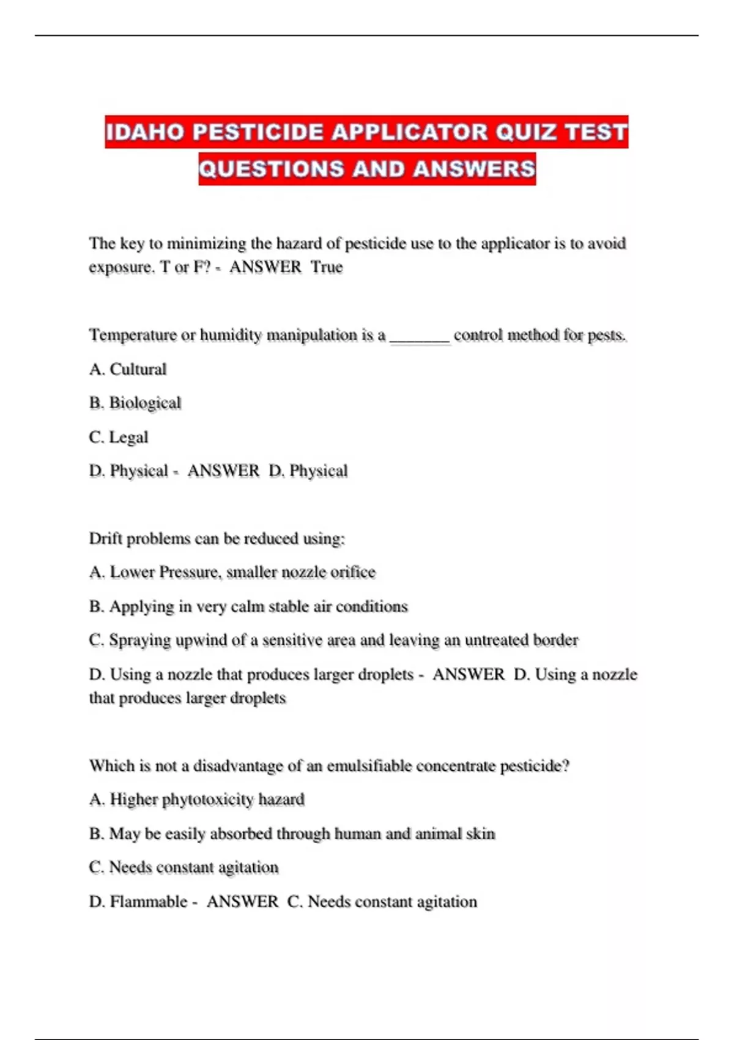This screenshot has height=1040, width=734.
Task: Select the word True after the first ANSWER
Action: click(x=327, y=267)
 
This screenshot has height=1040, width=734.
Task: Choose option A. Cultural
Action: click(x=128, y=370)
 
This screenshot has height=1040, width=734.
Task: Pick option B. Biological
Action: click(x=135, y=403)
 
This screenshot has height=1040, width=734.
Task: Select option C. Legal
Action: click(x=119, y=437)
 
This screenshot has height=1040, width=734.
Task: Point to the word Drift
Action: click(x=106, y=538)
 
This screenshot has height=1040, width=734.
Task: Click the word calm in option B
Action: click(x=248, y=606)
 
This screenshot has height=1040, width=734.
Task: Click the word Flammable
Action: click(x=148, y=902)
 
